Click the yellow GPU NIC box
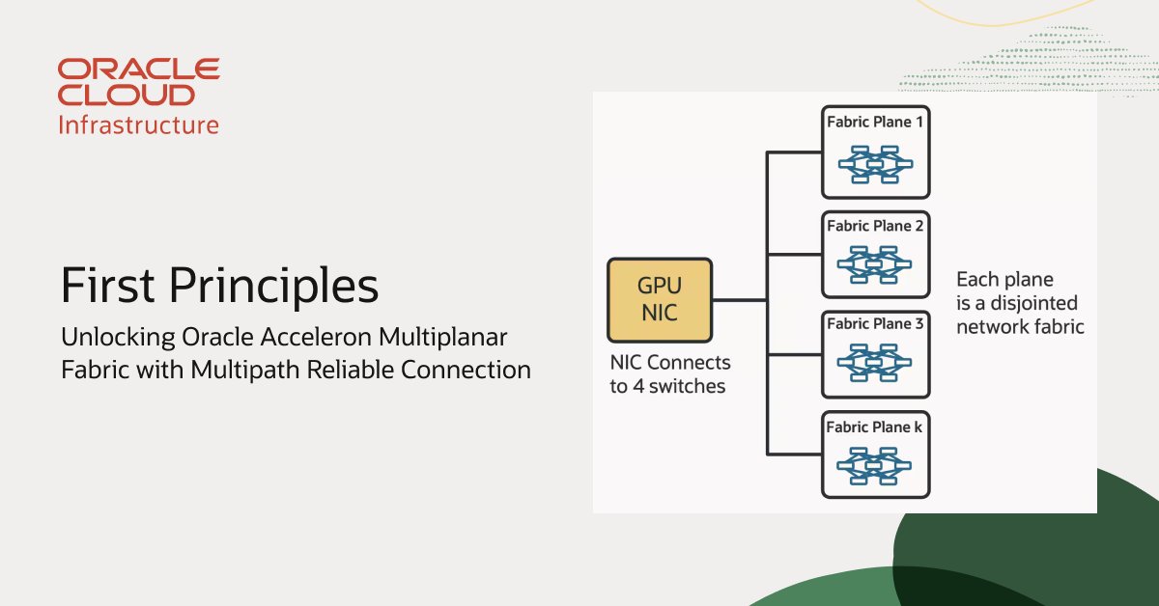coord(660,300)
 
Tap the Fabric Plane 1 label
coord(875,122)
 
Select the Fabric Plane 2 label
coord(875,226)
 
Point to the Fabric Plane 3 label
coord(875,323)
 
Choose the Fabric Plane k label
coord(874,427)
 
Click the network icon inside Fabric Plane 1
coord(875,164)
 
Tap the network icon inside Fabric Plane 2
coord(874,264)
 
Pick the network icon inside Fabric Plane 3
coord(874,363)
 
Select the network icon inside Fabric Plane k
coord(874,466)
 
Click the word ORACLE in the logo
coord(139,69)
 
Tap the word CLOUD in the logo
coord(127,96)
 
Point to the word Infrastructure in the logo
coord(139,125)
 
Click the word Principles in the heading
coord(273,287)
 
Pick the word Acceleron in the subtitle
coord(316,337)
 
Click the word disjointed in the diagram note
coord(1033,304)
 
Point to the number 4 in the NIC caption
coord(639,386)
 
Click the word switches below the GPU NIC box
coord(687,386)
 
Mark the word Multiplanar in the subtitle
coord(443,338)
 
